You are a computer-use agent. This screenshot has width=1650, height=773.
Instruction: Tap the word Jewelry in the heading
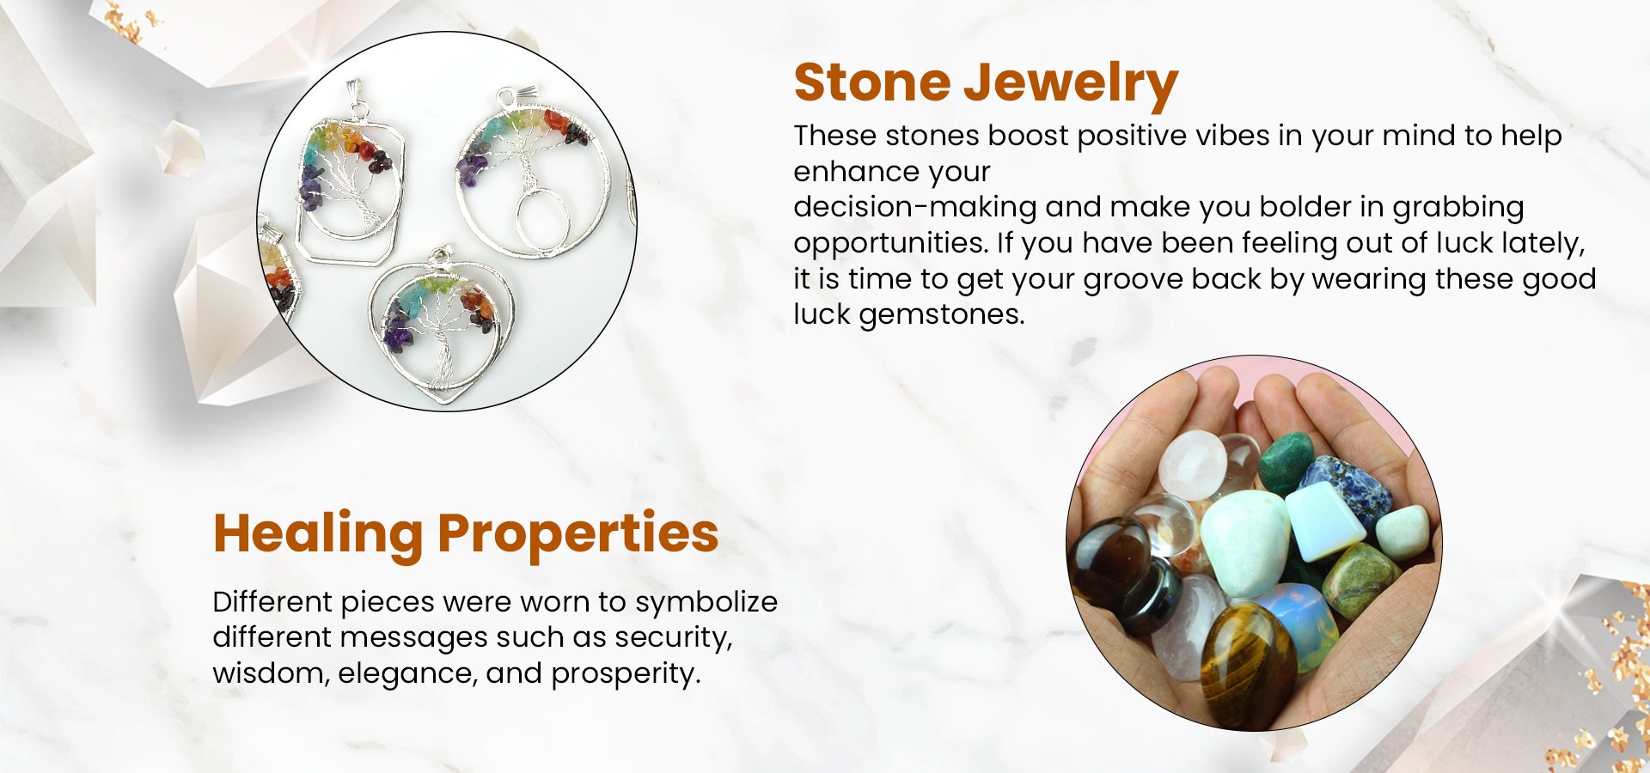(x=1070, y=84)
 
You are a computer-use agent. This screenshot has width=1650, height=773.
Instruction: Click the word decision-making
(x=915, y=207)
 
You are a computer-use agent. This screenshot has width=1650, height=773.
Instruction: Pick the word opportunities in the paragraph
(x=889, y=243)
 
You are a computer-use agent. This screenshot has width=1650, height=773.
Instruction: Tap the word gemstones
(x=942, y=314)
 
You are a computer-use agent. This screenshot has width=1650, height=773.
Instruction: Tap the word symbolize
(x=706, y=602)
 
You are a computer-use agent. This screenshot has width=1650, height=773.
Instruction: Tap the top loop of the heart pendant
(x=442, y=255)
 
